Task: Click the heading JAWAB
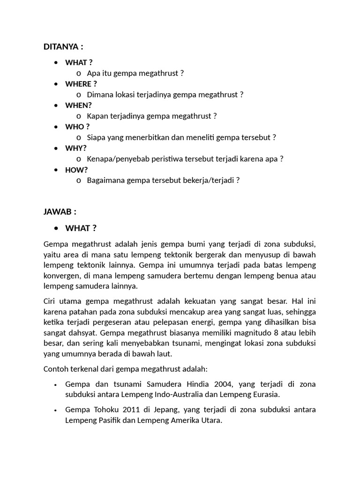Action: click(x=60, y=212)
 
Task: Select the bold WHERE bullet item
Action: click(x=81, y=84)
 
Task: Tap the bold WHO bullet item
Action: click(x=77, y=127)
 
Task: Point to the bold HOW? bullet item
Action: click(x=76, y=170)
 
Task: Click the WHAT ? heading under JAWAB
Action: click(x=81, y=228)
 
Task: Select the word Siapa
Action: click(x=97, y=137)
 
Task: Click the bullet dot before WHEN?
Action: click(x=56, y=105)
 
